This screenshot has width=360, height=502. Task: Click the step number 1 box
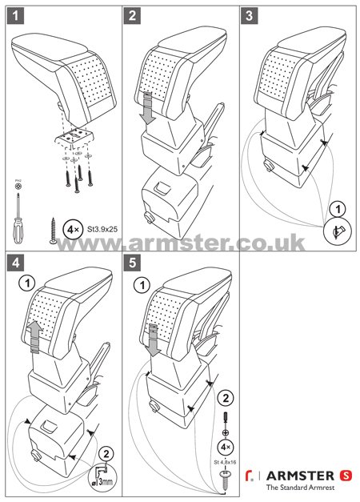pyautogui.click(x=16, y=15)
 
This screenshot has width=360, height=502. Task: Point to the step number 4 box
pyautogui.click(x=16, y=262)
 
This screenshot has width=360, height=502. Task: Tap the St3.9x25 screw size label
pyautogui.click(x=97, y=230)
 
